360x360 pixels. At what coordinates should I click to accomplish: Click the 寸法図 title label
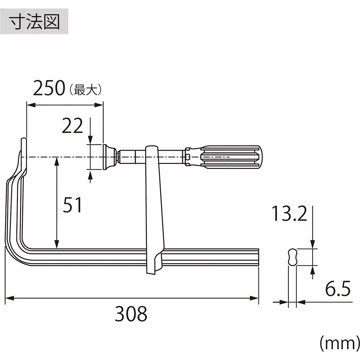tap(35, 22)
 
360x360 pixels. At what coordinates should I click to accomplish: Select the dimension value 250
tap(49, 89)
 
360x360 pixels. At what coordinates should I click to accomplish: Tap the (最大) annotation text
tap(85, 89)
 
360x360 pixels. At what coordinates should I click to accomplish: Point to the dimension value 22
tap(72, 126)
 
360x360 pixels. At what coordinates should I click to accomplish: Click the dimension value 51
tap(73, 206)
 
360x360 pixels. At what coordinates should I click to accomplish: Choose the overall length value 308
tap(131, 314)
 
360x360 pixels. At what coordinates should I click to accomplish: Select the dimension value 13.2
tap(289, 214)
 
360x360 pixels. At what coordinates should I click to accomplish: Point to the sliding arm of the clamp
tap(154, 209)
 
